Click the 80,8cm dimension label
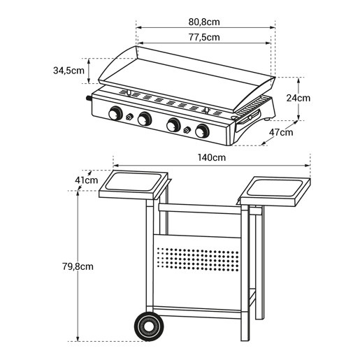pos(204,22)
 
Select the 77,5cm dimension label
pos(204,37)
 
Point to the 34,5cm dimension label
pos(69,71)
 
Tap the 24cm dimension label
pos(298,98)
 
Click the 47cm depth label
pos(281,132)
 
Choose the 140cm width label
pos(212,157)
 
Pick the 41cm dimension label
pos(87,180)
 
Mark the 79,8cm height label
pos(78,266)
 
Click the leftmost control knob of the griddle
pos(115,113)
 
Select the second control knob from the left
pos(145,119)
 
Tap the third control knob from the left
pos(173,125)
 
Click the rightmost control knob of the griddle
pos(202,131)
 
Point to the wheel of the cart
pos(149,326)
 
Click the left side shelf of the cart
pos(134,185)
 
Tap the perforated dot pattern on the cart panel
pos(198,259)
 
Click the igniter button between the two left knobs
pos(129,116)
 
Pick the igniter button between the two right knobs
pos(187,129)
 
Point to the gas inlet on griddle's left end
pos(89,98)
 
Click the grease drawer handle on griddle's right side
pos(248,118)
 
